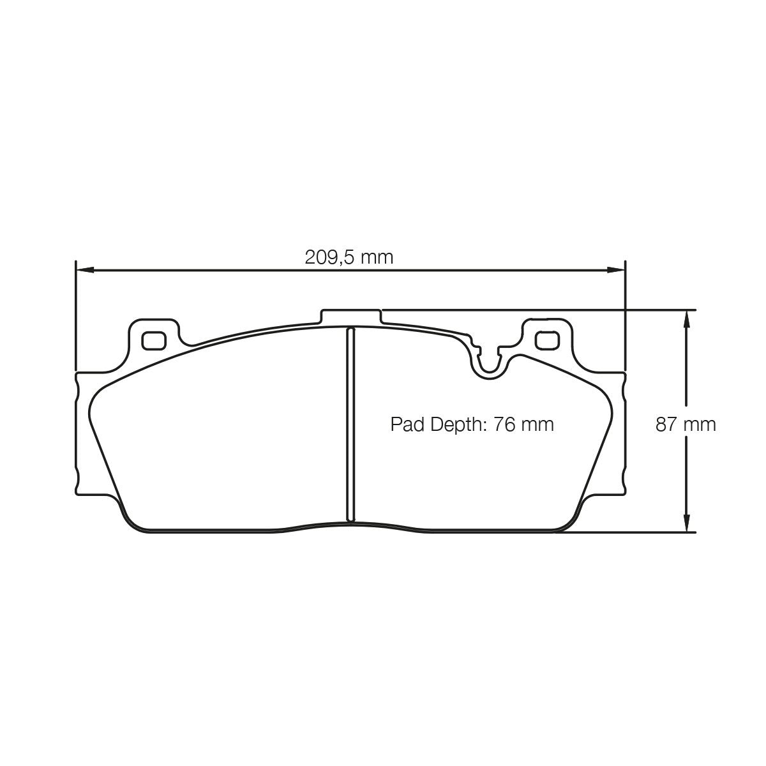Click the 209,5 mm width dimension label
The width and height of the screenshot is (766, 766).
[x=349, y=258]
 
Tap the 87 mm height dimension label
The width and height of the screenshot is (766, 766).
[x=686, y=424]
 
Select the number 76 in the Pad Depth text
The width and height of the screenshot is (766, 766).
[x=504, y=424]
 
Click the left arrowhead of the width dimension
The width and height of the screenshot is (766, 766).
[x=85, y=270]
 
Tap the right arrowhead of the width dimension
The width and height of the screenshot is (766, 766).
[x=615, y=270]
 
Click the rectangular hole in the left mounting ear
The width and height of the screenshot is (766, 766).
[x=153, y=341]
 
